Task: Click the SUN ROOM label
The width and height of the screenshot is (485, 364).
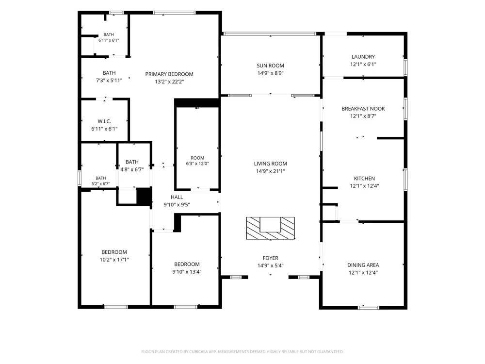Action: (x=270, y=66)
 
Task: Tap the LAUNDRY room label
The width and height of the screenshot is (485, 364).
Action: (x=363, y=57)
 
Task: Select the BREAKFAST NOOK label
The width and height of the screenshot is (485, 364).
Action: (x=363, y=109)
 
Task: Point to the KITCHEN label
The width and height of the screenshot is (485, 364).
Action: (x=364, y=179)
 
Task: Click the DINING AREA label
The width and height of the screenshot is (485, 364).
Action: (x=363, y=265)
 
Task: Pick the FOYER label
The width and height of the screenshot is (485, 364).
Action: (x=270, y=258)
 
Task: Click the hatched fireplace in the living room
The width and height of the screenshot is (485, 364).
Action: (x=270, y=228)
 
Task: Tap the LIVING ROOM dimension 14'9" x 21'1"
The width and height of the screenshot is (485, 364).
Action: (x=270, y=171)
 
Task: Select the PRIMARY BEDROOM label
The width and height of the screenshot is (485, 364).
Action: (x=169, y=74)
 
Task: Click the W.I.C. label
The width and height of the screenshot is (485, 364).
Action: (x=104, y=121)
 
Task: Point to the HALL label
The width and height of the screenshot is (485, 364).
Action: (x=177, y=197)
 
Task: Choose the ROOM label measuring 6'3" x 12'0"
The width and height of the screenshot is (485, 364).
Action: (x=197, y=158)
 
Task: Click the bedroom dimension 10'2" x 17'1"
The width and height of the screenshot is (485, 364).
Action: (x=114, y=260)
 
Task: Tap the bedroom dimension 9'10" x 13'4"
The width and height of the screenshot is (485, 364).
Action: (x=187, y=272)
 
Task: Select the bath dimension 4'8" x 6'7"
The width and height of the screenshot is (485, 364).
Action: (x=132, y=169)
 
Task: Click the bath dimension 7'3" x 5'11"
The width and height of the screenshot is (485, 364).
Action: (x=109, y=81)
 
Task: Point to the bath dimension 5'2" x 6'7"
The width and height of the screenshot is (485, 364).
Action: (x=100, y=183)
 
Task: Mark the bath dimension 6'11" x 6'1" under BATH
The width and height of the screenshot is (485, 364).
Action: (x=109, y=40)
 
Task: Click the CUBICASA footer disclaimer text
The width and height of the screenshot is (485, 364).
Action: (x=242, y=351)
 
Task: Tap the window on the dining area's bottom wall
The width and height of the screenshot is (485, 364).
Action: (x=369, y=307)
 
